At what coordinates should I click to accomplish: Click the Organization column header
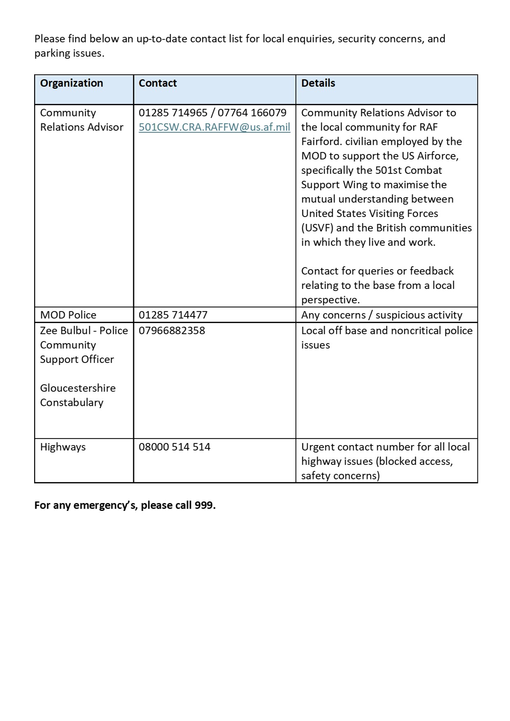coord(72,83)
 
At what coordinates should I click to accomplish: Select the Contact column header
coord(158,83)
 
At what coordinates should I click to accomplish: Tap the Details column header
coord(318,83)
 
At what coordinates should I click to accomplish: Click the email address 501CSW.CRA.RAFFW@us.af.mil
coord(214,127)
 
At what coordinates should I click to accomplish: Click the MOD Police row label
coord(68,315)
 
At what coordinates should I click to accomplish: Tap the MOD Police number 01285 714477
coord(173,315)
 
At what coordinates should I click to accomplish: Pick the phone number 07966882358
coord(172,330)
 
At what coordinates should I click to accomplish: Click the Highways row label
coord(63,447)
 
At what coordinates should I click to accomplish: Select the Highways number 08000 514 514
coord(174,447)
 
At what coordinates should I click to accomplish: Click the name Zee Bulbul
coord(65,330)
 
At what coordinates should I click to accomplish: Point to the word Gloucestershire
coord(78,388)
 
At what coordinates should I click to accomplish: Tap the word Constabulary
coord(72,402)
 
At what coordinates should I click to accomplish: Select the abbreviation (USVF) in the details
coord(317,228)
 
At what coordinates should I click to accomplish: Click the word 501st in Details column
coord(388,170)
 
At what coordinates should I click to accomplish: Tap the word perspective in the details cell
coord(330,300)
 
